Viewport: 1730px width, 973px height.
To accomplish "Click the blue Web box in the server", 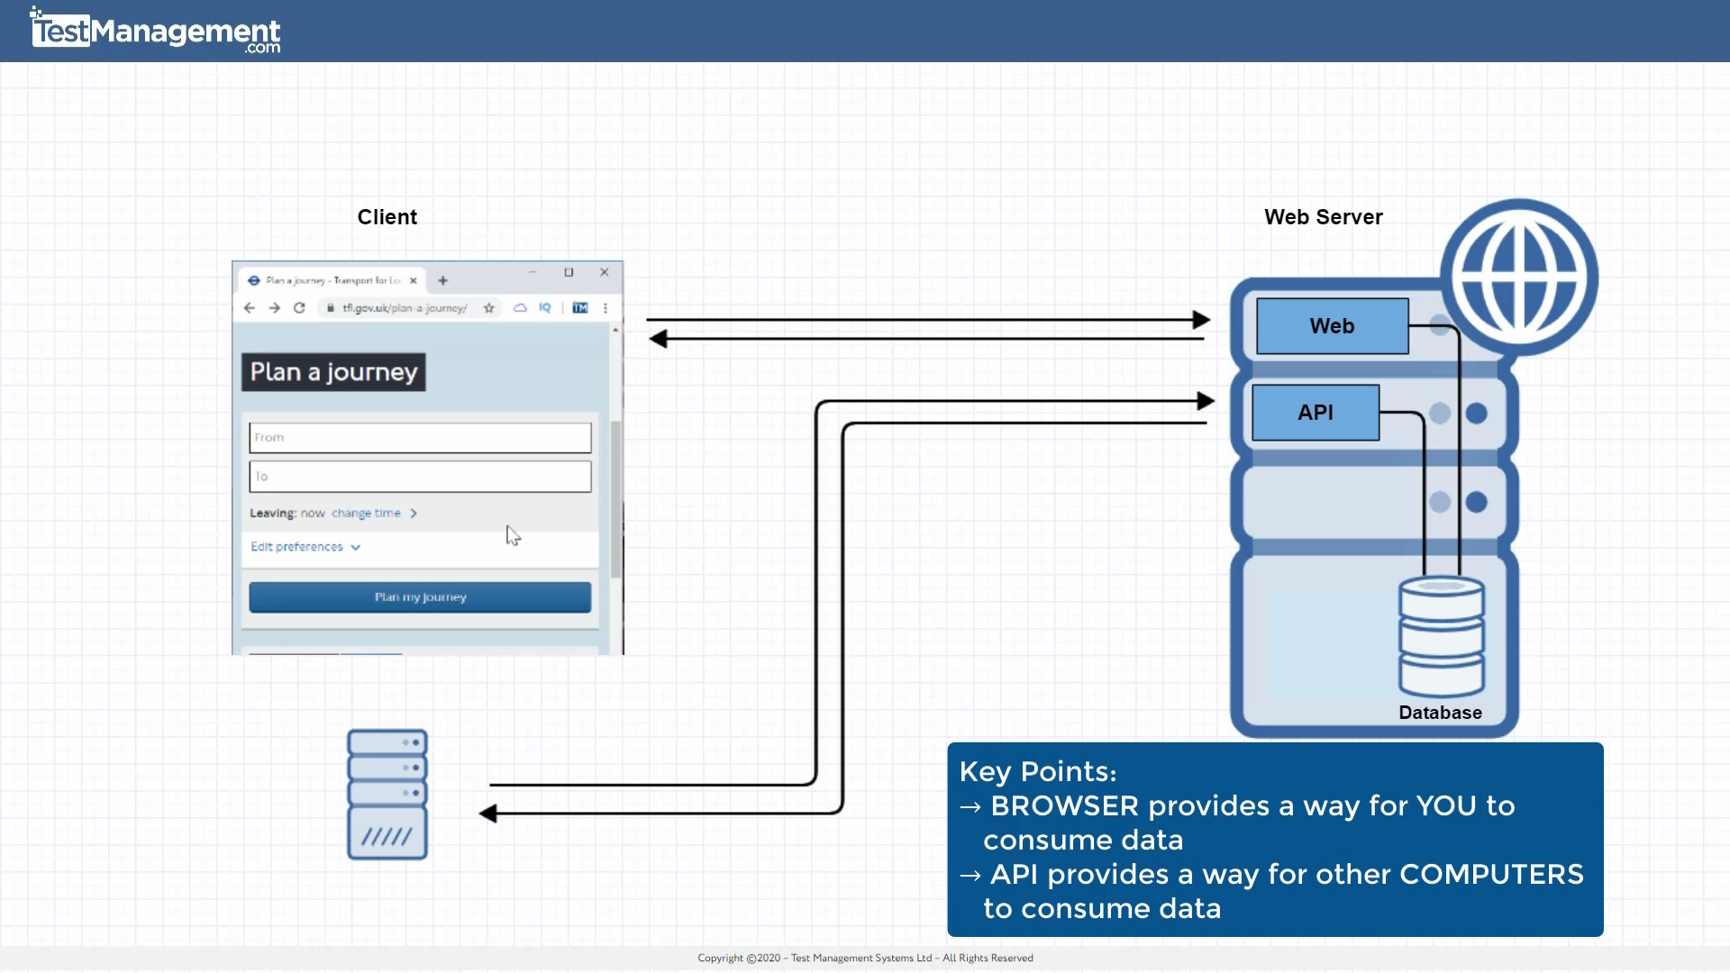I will [x=1332, y=326].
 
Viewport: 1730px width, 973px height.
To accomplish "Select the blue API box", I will [x=1315, y=413].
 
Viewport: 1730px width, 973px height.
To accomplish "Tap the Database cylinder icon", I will [x=1441, y=637].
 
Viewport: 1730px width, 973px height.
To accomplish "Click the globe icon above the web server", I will [x=1518, y=277].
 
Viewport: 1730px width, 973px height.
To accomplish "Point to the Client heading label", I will [x=387, y=217].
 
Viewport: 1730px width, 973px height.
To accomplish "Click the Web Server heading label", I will [x=1322, y=217].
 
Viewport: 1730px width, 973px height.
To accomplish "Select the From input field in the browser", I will [x=420, y=438].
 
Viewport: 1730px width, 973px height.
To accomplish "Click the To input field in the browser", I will [x=420, y=477].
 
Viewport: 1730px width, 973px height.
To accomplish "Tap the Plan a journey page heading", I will [x=333, y=372].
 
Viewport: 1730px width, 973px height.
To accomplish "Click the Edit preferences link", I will [x=297, y=547].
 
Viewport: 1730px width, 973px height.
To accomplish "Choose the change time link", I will [x=366, y=514].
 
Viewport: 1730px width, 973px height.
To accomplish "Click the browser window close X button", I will [x=605, y=272].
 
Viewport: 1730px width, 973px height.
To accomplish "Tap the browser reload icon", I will [x=299, y=308].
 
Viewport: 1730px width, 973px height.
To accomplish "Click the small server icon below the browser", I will [x=387, y=794].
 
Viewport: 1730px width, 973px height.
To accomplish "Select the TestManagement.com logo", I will [x=155, y=32].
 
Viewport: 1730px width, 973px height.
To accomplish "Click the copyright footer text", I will [x=865, y=958].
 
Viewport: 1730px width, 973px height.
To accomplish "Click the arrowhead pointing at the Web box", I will [x=1201, y=320].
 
